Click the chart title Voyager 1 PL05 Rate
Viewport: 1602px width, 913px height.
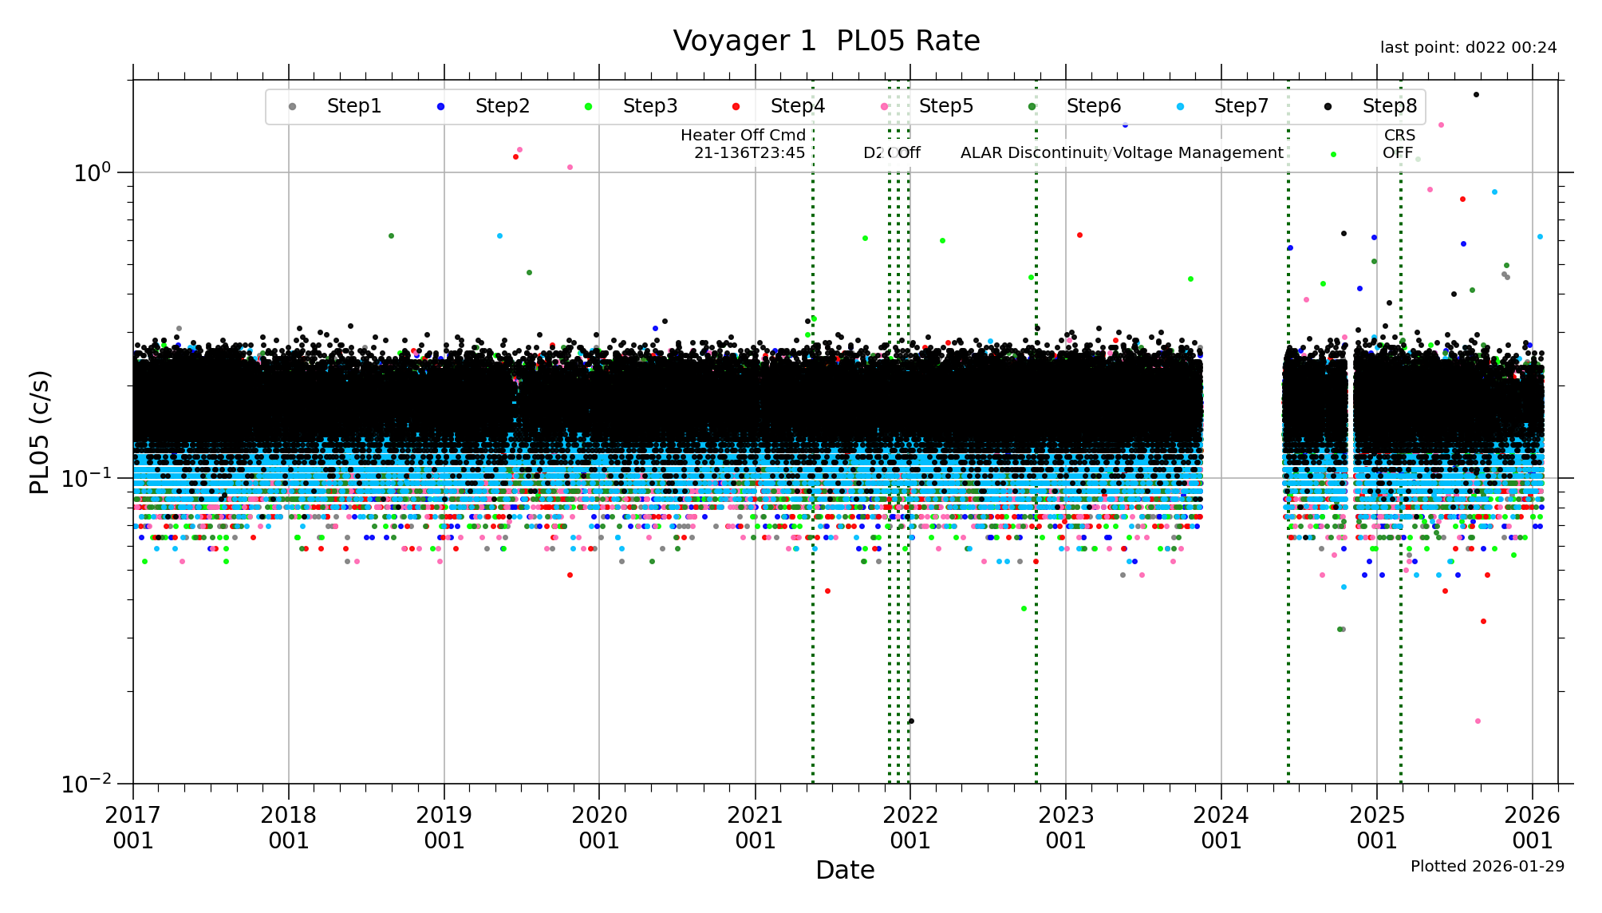point(826,41)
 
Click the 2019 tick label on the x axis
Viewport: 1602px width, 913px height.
point(444,828)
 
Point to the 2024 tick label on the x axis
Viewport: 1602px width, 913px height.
point(1221,828)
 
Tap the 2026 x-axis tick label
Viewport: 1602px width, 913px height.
point(1532,828)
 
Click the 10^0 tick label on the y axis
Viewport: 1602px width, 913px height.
point(92,172)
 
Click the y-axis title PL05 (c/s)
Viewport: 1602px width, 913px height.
point(40,432)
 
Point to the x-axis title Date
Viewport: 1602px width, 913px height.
point(845,870)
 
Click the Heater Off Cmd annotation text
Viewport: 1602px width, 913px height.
point(744,144)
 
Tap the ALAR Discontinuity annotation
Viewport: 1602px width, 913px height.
point(1035,152)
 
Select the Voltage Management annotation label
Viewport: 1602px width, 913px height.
point(1198,152)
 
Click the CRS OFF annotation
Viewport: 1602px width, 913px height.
point(1399,144)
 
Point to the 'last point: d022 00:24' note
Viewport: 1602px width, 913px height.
point(1468,48)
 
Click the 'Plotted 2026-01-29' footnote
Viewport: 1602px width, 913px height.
point(1487,866)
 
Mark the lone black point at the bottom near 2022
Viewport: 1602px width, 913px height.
point(911,721)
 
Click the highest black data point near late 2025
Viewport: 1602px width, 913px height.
point(1476,95)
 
